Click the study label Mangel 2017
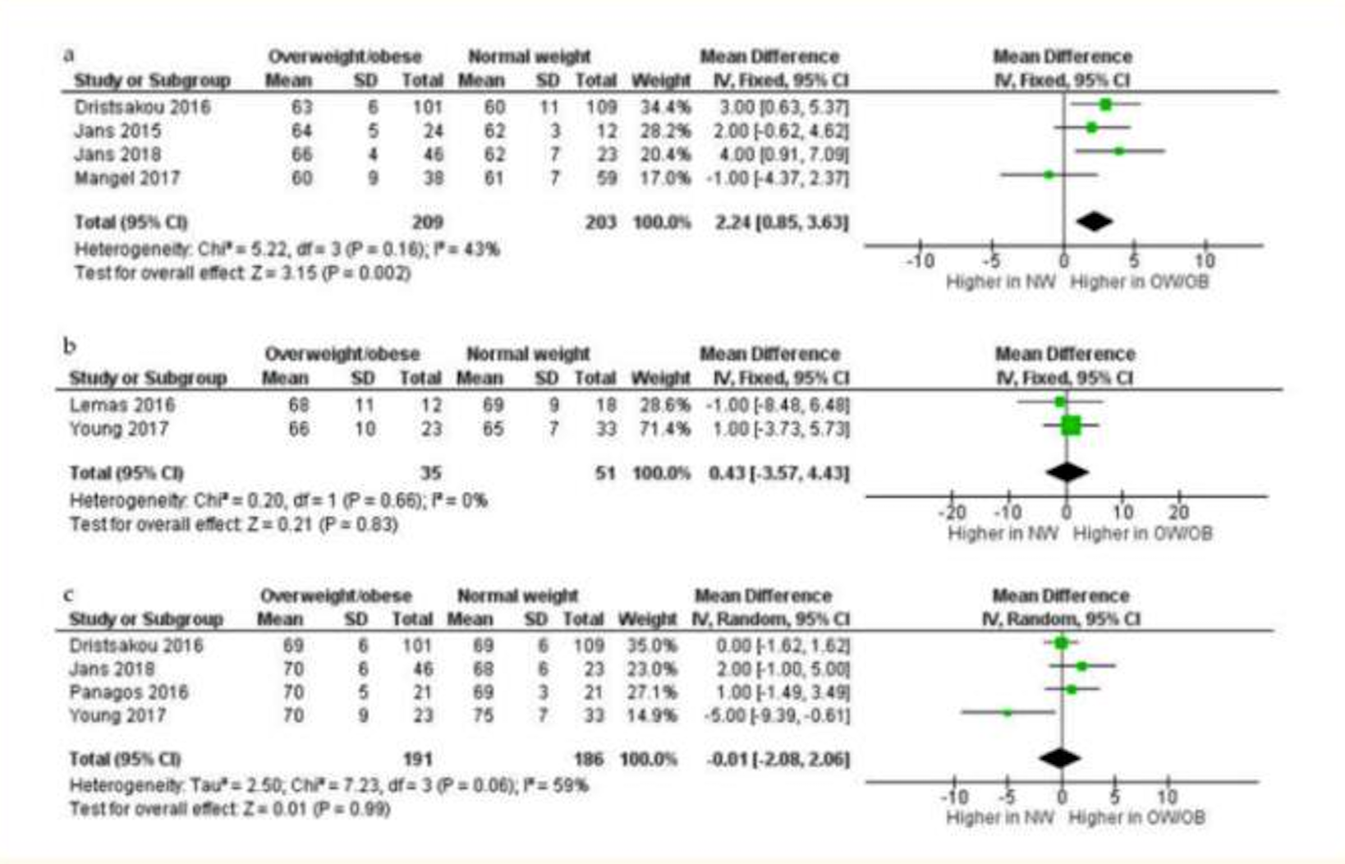click(126, 178)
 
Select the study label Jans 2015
click(117, 131)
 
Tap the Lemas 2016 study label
click(122, 405)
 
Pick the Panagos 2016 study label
click(128, 692)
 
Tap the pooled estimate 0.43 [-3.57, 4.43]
click(778, 473)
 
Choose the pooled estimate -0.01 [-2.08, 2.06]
click(778, 759)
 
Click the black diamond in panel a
click(1094, 221)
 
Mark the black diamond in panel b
click(1067, 472)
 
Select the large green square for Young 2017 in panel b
click(1070, 425)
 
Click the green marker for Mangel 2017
click(1049, 175)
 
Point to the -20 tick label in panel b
click(952, 512)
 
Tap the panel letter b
click(70, 346)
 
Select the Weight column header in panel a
click(661, 80)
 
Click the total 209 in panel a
click(427, 223)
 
